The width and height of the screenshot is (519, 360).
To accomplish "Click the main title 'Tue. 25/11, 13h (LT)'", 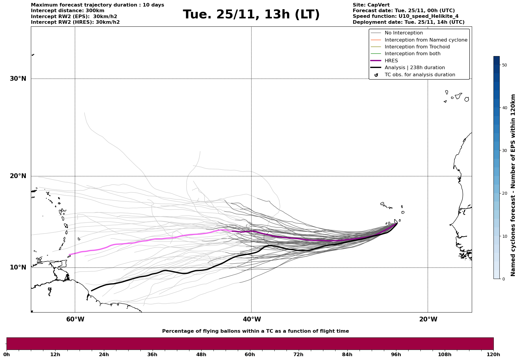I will click(x=251, y=15).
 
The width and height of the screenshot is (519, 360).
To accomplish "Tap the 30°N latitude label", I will click(x=18, y=79).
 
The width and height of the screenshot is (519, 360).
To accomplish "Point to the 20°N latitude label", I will click(x=18, y=176).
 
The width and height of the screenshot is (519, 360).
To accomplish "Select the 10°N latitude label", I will click(x=18, y=267).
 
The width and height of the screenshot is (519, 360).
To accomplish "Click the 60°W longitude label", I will click(x=75, y=319).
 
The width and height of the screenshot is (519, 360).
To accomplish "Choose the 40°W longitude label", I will click(x=252, y=319).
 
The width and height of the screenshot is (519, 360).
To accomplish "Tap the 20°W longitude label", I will click(x=428, y=319).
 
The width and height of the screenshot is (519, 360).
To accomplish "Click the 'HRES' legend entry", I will click(x=391, y=61).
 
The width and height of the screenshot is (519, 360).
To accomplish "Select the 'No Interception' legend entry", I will click(x=404, y=33).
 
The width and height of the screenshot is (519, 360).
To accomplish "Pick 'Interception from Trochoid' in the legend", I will click(x=417, y=47).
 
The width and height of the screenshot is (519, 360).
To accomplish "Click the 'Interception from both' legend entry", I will click(x=412, y=54).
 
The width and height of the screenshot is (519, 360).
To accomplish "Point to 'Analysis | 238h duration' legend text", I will click(x=414, y=68).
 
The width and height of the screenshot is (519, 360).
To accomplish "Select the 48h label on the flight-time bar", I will click(x=201, y=354).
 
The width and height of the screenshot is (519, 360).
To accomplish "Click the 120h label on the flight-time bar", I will click(x=493, y=354).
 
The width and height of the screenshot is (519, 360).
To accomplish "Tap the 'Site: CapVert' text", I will click(x=371, y=5).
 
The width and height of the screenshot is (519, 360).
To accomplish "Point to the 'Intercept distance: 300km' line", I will click(x=67, y=11).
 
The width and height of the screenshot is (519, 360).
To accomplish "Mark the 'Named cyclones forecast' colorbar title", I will click(x=513, y=185).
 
